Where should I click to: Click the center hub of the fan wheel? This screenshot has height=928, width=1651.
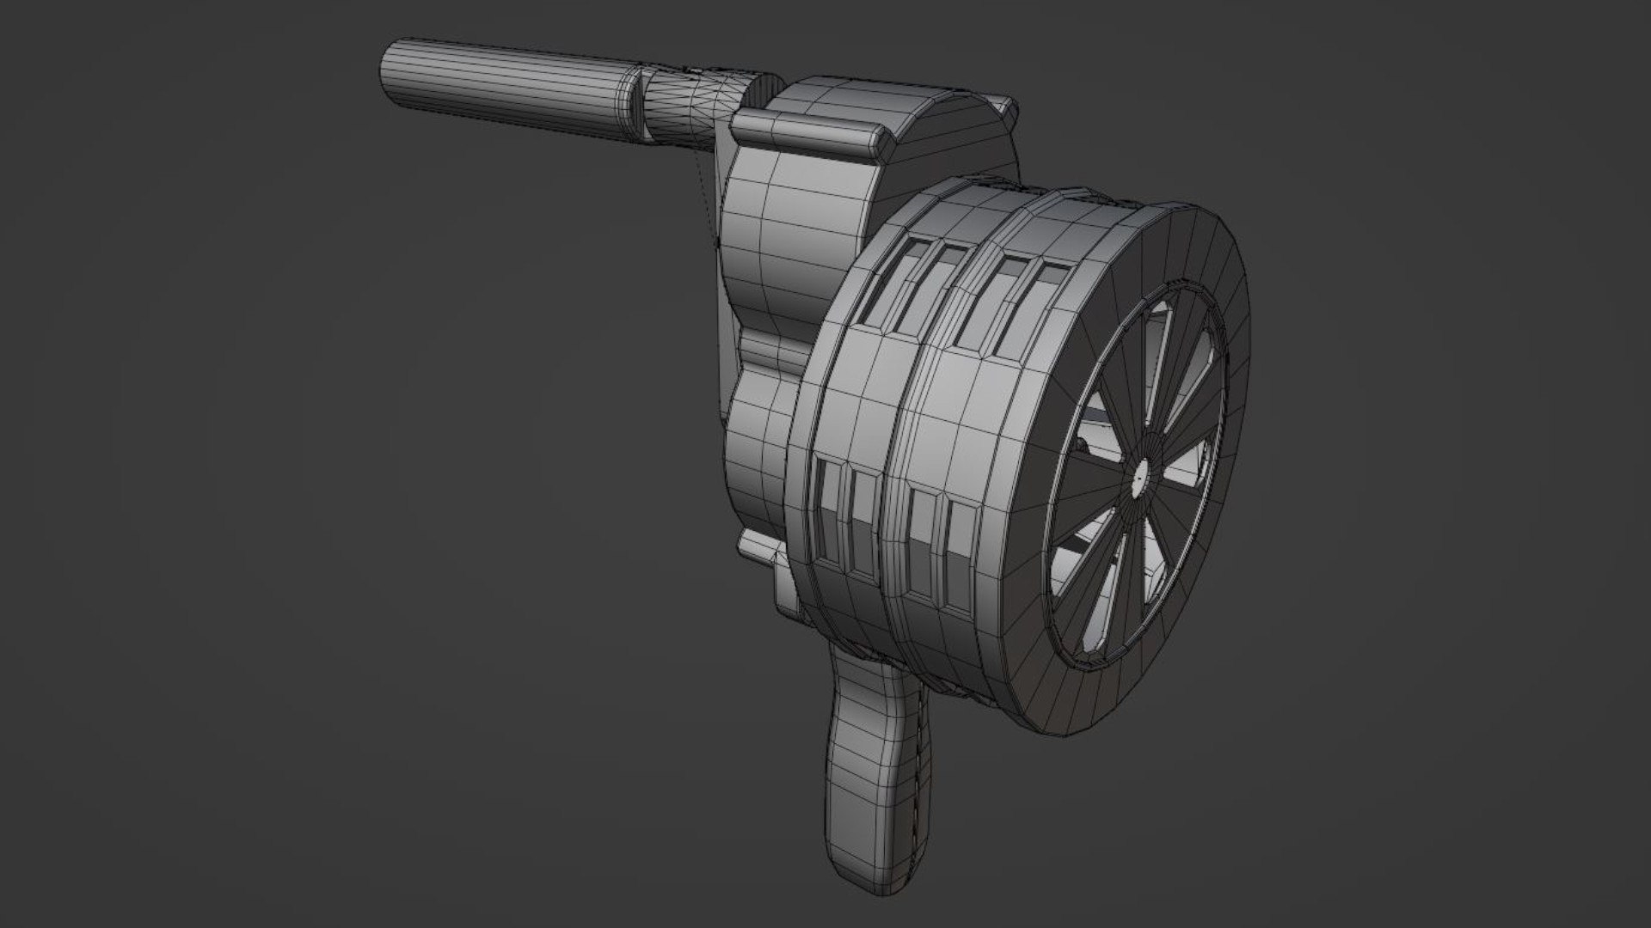click(x=1141, y=473)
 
